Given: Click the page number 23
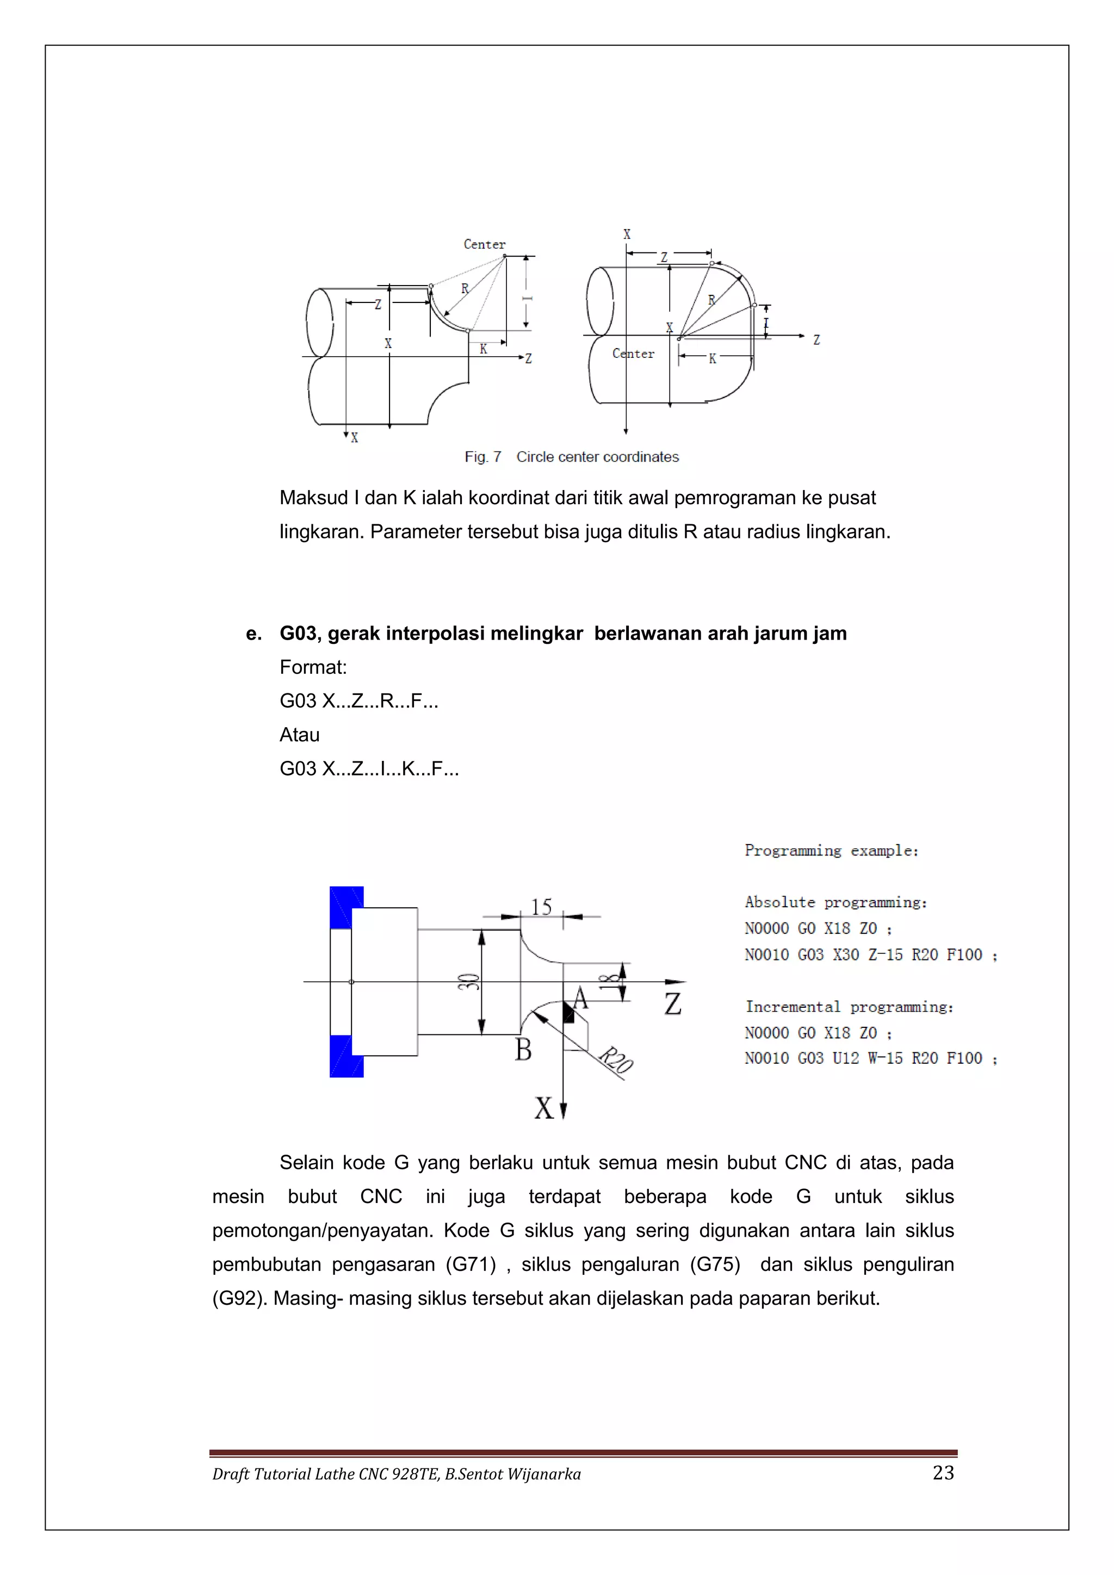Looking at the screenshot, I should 943,1473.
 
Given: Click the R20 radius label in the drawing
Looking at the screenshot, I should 615,1061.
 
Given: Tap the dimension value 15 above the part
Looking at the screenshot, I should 541,907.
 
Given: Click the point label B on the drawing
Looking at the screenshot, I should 523,1050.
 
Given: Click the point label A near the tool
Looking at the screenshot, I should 580,998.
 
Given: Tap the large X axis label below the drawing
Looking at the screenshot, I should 544,1108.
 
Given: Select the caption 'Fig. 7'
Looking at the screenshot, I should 483,457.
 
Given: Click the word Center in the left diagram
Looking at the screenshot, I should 484,244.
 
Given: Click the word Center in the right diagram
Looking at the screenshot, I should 633,354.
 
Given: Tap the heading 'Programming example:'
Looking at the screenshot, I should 831,851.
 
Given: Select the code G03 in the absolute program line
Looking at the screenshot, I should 811,955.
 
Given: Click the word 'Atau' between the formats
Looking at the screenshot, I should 300,735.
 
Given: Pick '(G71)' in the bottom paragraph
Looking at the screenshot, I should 471,1264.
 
